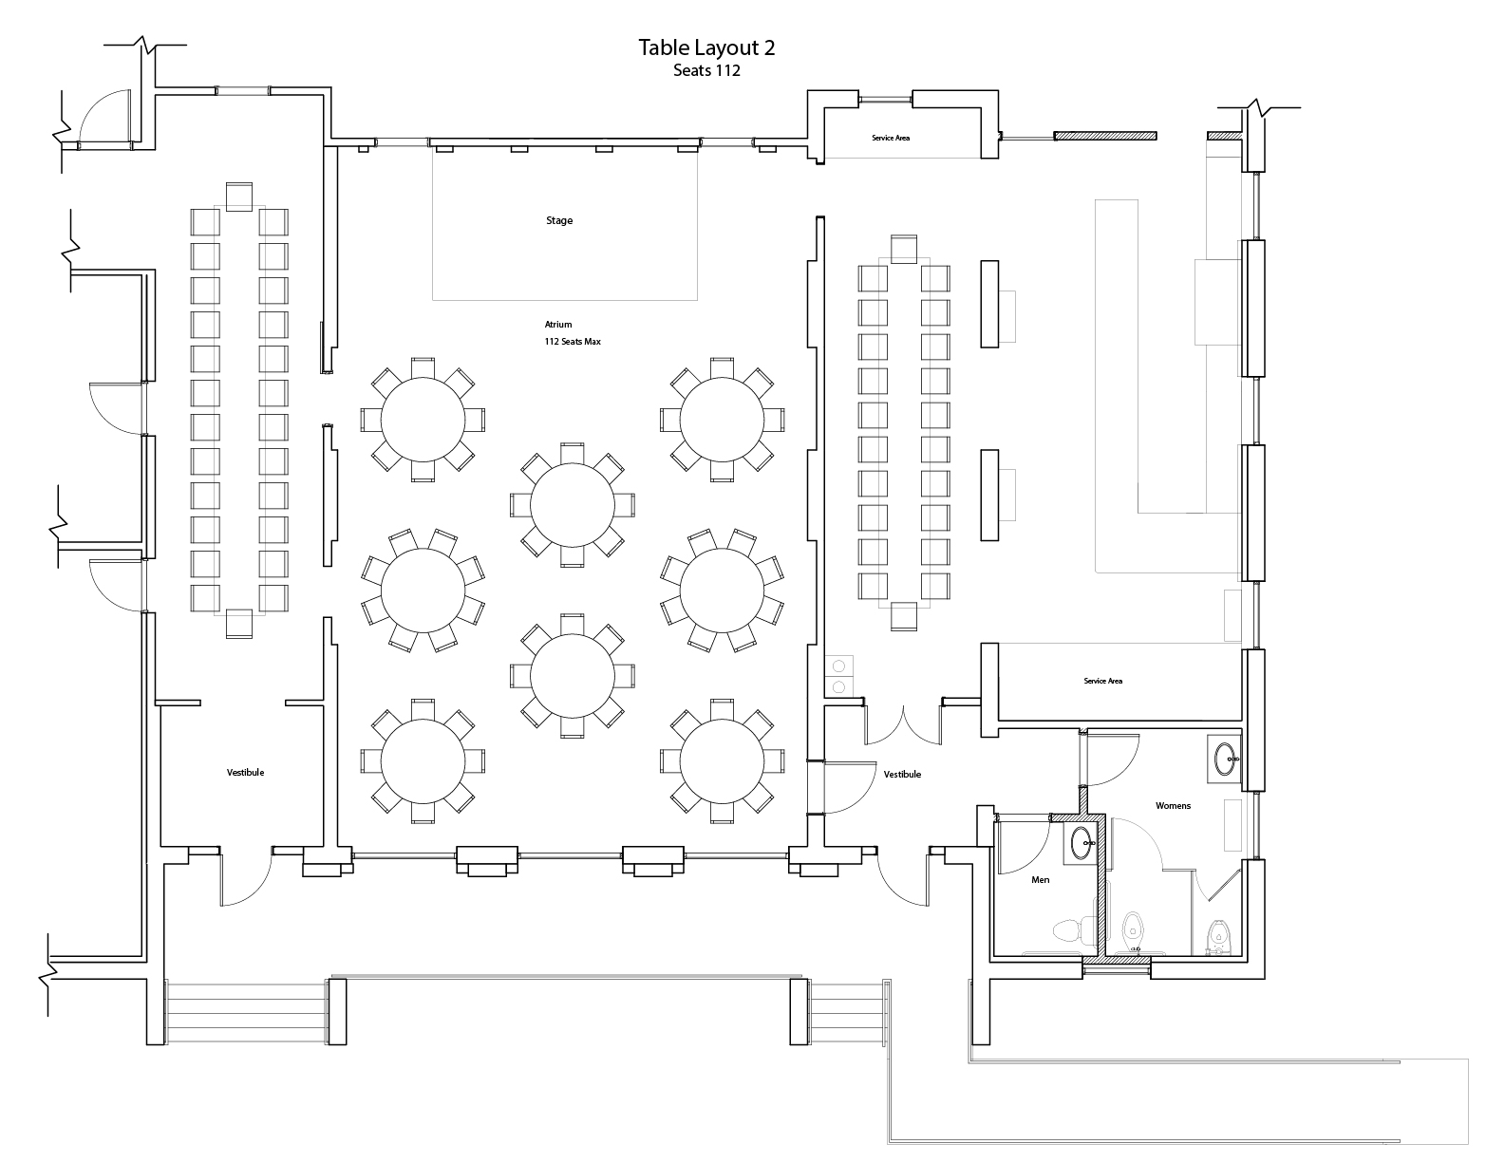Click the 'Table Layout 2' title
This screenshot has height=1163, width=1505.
pos(706,47)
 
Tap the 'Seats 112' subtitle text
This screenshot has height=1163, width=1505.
pos(706,70)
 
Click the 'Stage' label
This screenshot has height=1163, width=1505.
pos(559,221)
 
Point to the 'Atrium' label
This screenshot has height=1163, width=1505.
pos(558,324)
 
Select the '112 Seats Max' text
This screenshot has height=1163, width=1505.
pos(572,341)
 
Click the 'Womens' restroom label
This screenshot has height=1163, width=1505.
pos(1173,806)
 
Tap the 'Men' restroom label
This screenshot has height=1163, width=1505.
pos(1041,880)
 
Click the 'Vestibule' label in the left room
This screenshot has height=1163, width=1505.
pos(245,773)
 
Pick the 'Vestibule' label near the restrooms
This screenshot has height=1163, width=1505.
pos(902,775)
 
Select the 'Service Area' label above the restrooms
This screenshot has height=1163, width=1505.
pos(1102,682)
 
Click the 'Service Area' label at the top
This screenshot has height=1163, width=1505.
pos(891,138)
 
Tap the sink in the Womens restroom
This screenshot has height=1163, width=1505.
pos(1224,760)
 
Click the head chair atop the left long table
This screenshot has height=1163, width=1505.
pos(239,197)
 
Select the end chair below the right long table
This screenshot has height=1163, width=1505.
pos(904,617)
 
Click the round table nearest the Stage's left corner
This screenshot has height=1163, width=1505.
pos(423,420)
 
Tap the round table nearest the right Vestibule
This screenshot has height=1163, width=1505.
pos(722,761)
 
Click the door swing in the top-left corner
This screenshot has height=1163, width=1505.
pos(103,119)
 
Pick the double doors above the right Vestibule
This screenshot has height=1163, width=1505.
pos(903,725)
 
